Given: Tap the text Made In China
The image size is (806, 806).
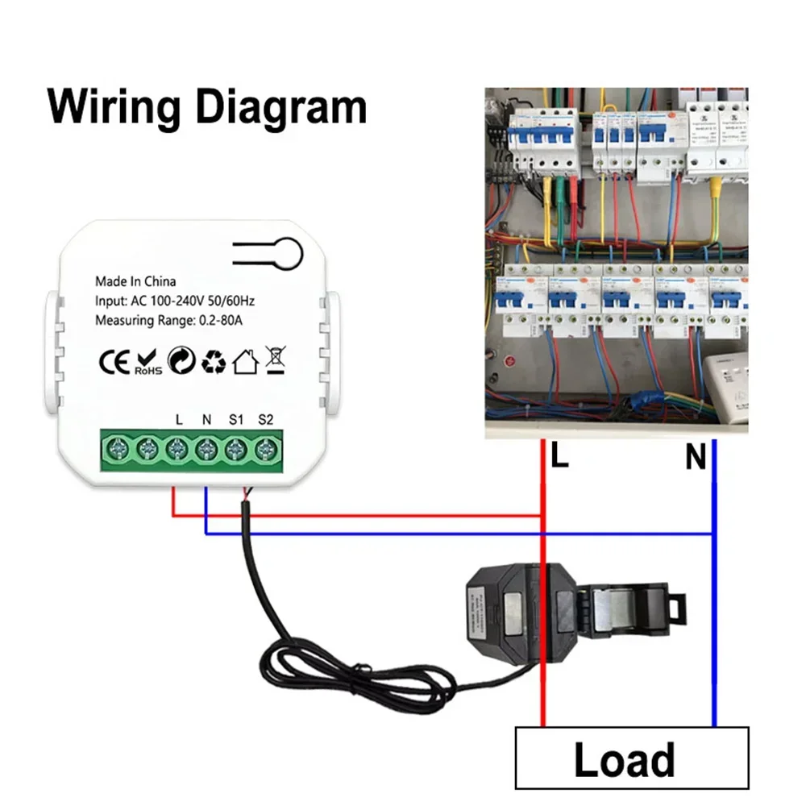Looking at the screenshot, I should (135, 281).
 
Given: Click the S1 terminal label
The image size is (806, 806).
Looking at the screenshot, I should (235, 419).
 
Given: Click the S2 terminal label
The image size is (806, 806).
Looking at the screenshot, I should (266, 419).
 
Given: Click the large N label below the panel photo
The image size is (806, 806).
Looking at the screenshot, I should (696, 459).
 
